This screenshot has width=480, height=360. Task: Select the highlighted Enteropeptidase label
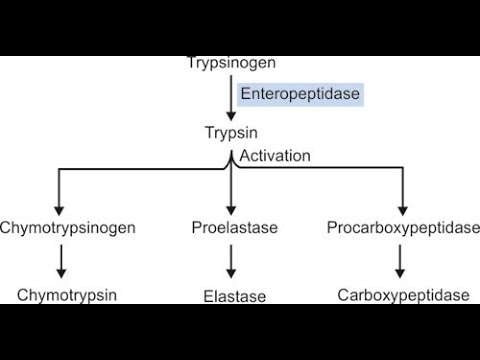coord(299,95)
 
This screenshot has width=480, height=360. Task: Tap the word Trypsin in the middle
coord(231,131)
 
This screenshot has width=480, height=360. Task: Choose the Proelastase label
coord(234,227)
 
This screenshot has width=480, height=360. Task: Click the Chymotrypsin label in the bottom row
coord(67,295)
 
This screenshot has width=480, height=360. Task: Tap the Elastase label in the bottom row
coord(233,296)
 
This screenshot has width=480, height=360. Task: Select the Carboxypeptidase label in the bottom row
coord(403,295)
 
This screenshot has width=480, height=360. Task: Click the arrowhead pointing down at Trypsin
coord(231,115)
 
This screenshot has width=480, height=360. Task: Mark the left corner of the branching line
coord(61,170)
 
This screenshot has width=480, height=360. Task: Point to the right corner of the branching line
coord(401,170)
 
